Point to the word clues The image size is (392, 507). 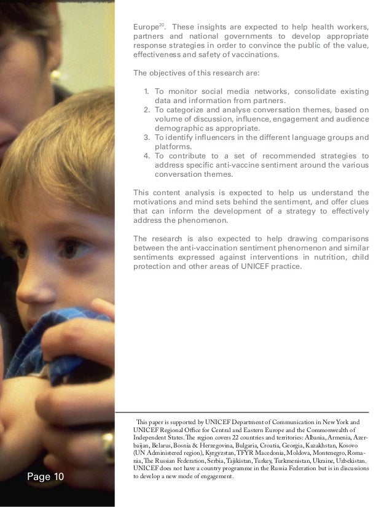[x=357, y=202]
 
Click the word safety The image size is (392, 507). [x=214, y=54]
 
